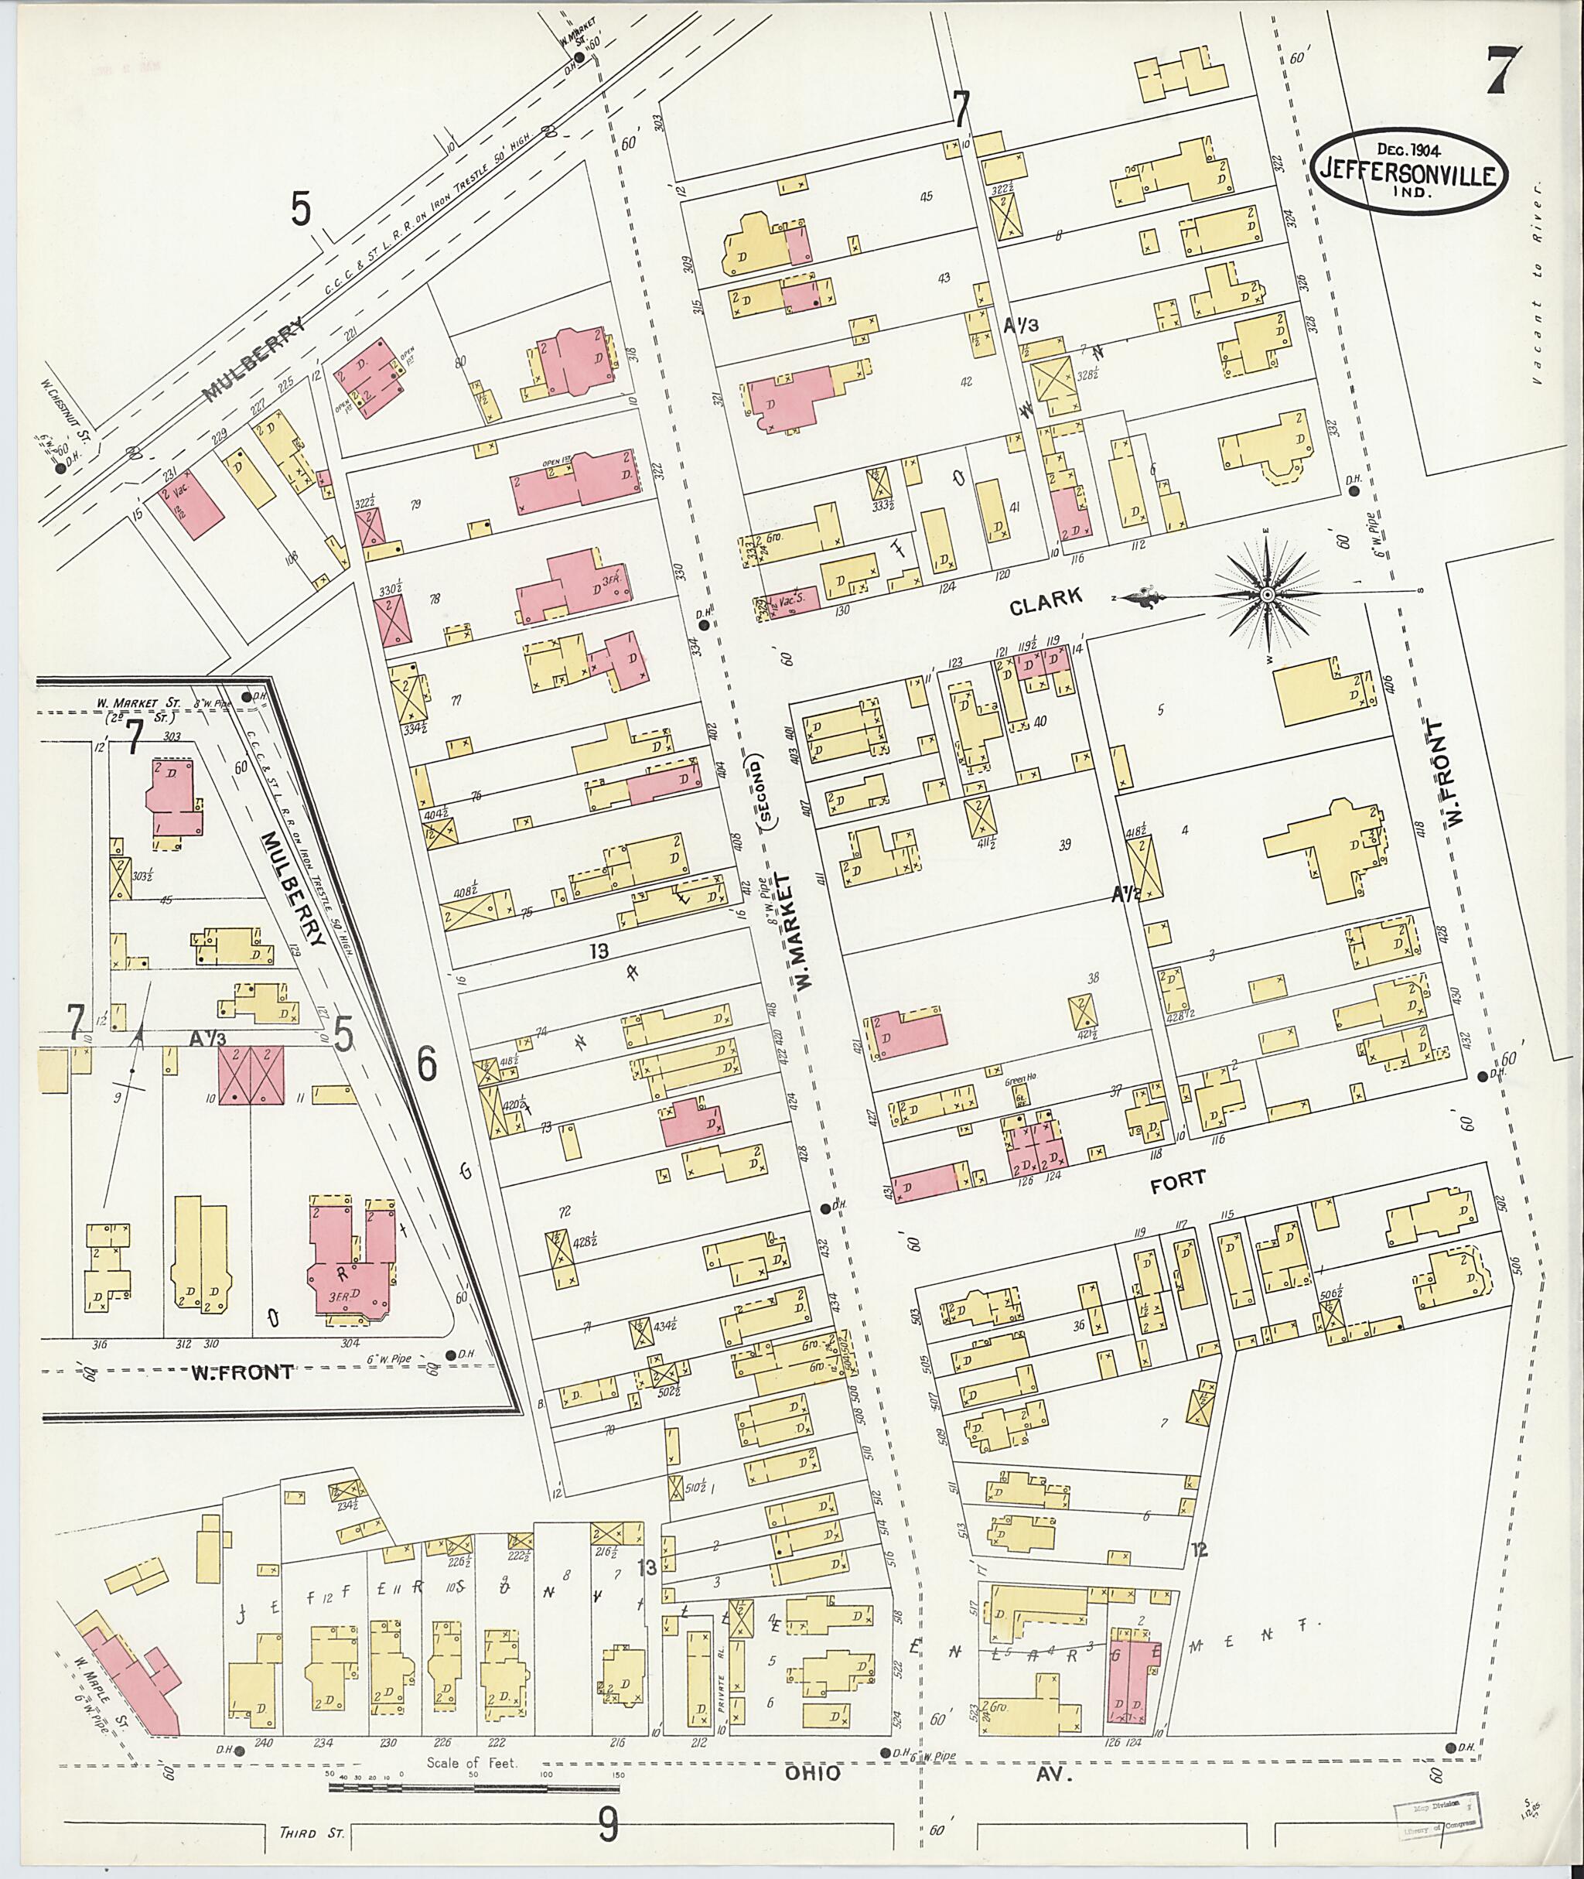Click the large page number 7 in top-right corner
(x=1502, y=70)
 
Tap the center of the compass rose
(x=1267, y=595)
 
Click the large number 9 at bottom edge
(x=609, y=1824)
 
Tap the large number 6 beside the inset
(x=425, y=1064)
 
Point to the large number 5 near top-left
(x=301, y=210)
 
